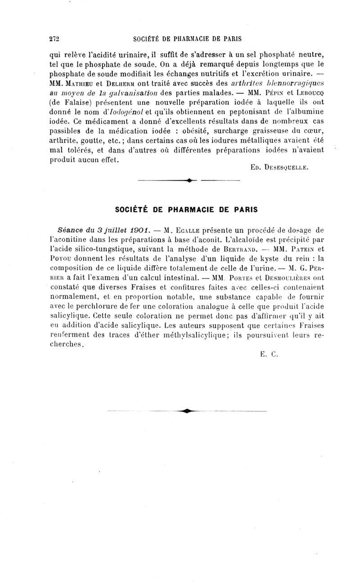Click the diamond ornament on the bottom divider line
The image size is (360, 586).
coord(185,410)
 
